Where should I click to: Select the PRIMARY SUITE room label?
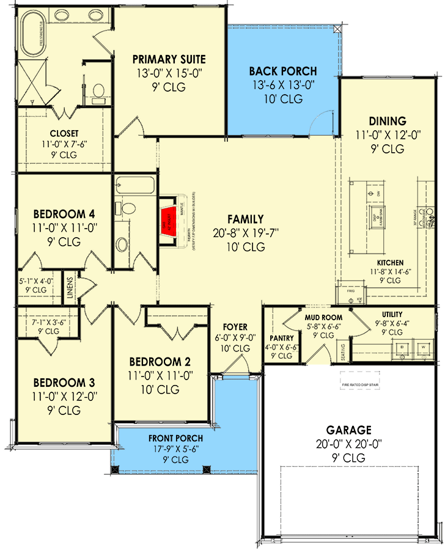pos(169,59)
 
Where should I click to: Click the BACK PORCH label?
pos(282,71)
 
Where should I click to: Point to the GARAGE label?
pos(348,430)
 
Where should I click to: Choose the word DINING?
pos(388,121)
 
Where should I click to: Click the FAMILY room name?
pos(245,219)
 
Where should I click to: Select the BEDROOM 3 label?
pos(64,383)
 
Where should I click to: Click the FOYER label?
pos(235,326)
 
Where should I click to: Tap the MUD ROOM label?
pos(323,318)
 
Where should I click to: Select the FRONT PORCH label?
pos(167,438)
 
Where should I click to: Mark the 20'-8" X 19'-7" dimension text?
pos(245,233)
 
